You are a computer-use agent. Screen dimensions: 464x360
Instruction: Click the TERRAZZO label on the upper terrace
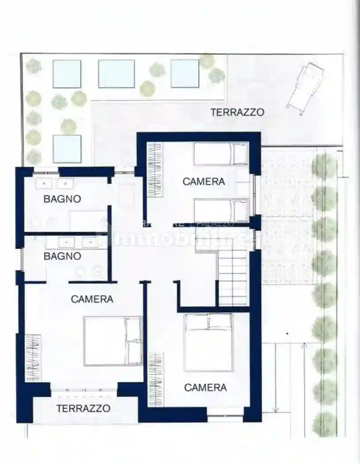tap(238, 112)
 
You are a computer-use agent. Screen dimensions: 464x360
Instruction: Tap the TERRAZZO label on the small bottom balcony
tap(83, 408)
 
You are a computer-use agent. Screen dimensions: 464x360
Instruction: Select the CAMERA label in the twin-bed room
tap(204, 181)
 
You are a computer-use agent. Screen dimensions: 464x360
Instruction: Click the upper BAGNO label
tap(62, 199)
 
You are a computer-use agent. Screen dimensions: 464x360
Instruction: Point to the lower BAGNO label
tap(62, 256)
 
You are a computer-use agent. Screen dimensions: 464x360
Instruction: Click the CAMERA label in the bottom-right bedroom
tap(205, 388)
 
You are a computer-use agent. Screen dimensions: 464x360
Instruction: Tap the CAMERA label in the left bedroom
tap(92, 299)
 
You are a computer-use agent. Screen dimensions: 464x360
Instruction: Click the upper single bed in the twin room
tap(221, 154)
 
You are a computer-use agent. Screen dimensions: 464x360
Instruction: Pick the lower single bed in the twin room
tap(221, 211)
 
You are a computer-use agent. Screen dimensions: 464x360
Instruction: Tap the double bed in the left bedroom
tap(113, 341)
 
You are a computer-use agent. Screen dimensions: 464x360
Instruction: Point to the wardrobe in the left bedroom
tap(33, 358)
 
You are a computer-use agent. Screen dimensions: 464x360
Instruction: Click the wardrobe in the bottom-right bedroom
tap(155, 379)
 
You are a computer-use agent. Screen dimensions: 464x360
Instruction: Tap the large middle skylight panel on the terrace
tap(116, 74)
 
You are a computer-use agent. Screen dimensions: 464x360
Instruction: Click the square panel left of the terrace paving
tap(67, 149)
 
